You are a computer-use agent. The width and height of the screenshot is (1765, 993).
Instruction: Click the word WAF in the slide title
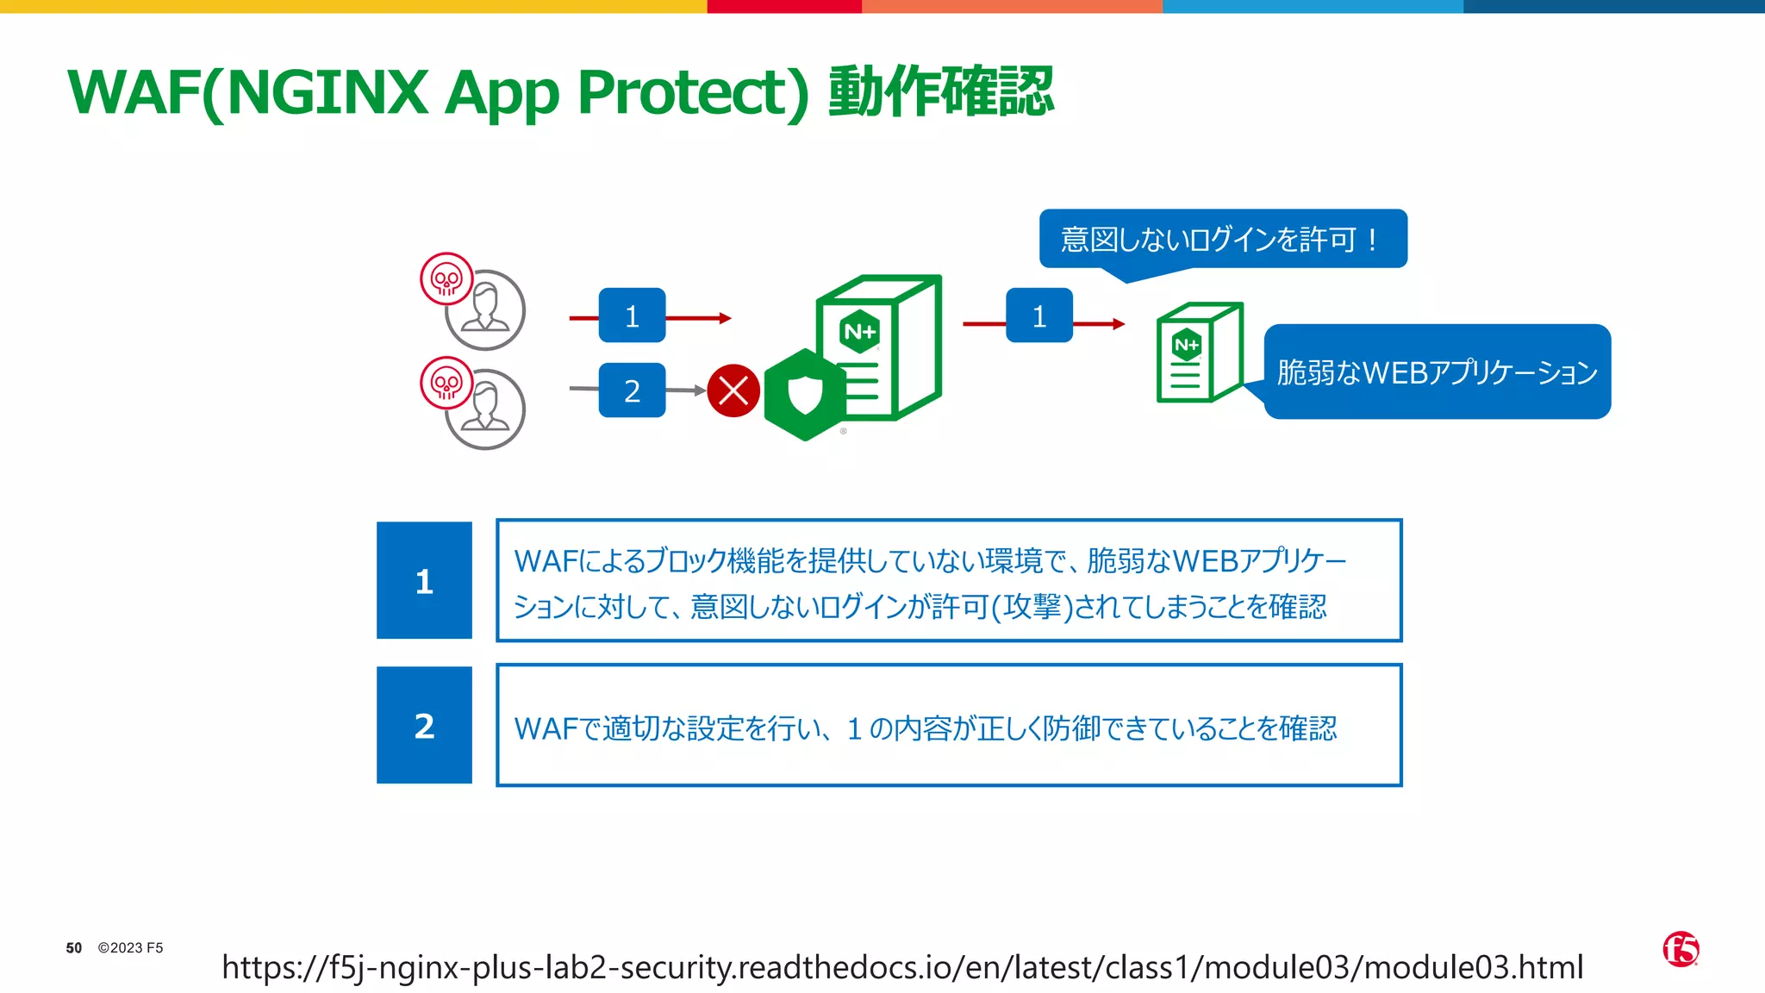tap(134, 92)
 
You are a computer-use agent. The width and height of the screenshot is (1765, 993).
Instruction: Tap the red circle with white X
tap(733, 390)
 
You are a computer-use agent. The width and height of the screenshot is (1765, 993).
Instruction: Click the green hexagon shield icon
tap(805, 395)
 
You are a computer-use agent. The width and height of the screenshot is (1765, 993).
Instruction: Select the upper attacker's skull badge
tap(446, 278)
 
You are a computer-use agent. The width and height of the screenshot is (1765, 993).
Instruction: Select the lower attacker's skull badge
tap(446, 383)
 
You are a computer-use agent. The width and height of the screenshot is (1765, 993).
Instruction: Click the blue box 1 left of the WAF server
tap(632, 315)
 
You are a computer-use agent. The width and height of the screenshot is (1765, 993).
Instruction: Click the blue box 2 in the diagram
tap(632, 390)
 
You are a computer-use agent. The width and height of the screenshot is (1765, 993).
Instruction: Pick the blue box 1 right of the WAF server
tap(1039, 315)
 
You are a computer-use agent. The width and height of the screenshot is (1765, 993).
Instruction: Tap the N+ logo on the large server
tap(859, 332)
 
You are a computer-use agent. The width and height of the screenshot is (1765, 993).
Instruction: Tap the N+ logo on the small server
tap(1187, 345)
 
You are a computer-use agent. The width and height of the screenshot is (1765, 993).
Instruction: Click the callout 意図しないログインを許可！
tap(1222, 239)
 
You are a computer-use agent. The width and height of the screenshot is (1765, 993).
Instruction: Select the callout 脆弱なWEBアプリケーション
tap(1437, 372)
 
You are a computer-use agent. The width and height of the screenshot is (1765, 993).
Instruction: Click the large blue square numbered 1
tap(424, 580)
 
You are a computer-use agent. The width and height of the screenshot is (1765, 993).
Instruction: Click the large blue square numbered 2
tap(424, 725)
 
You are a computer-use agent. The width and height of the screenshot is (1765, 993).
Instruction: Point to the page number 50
tap(74, 947)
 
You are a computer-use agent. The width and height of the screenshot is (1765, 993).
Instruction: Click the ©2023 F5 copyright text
tap(130, 947)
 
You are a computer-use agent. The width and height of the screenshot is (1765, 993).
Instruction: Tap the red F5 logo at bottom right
tap(1681, 949)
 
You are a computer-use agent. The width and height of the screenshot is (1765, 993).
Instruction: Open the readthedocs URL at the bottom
tap(902, 967)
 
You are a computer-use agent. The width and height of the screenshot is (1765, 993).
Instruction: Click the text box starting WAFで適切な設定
tap(949, 726)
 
